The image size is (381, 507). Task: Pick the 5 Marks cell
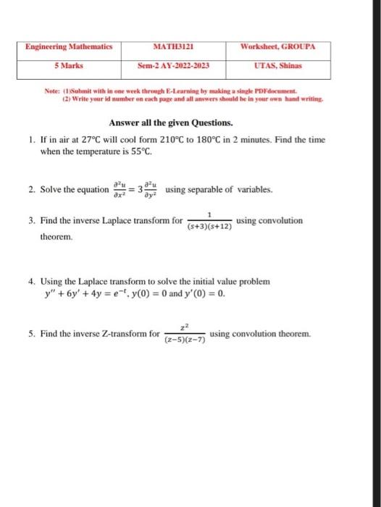coord(69,65)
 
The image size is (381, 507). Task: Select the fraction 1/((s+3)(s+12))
coord(209,222)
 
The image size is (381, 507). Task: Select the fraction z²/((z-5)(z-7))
coord(185,335)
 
